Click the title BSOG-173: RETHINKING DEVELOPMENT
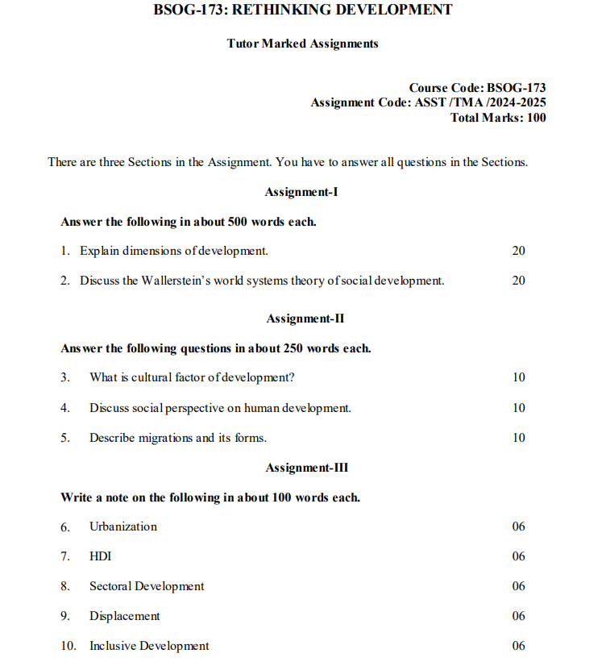tap(302, 10)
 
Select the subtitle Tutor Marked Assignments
tap(302, 44)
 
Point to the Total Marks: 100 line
tap(498, 118)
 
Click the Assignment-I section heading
tap(301, 192)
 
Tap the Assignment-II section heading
tap(305, 318)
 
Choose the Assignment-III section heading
tap(306, 468)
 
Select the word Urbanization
tap(123, 527)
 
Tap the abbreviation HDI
tap(100, 556)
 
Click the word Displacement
tap(125, 616)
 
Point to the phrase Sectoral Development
tap(147, 586)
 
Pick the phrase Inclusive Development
tap(149, 646)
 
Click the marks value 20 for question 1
tap(518, 251)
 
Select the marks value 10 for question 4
tap(518, 408)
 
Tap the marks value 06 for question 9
tap(518, 616)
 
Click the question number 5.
tap(64, 438)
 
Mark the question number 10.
tap(69, 646)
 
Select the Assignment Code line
tap(428, 102)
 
